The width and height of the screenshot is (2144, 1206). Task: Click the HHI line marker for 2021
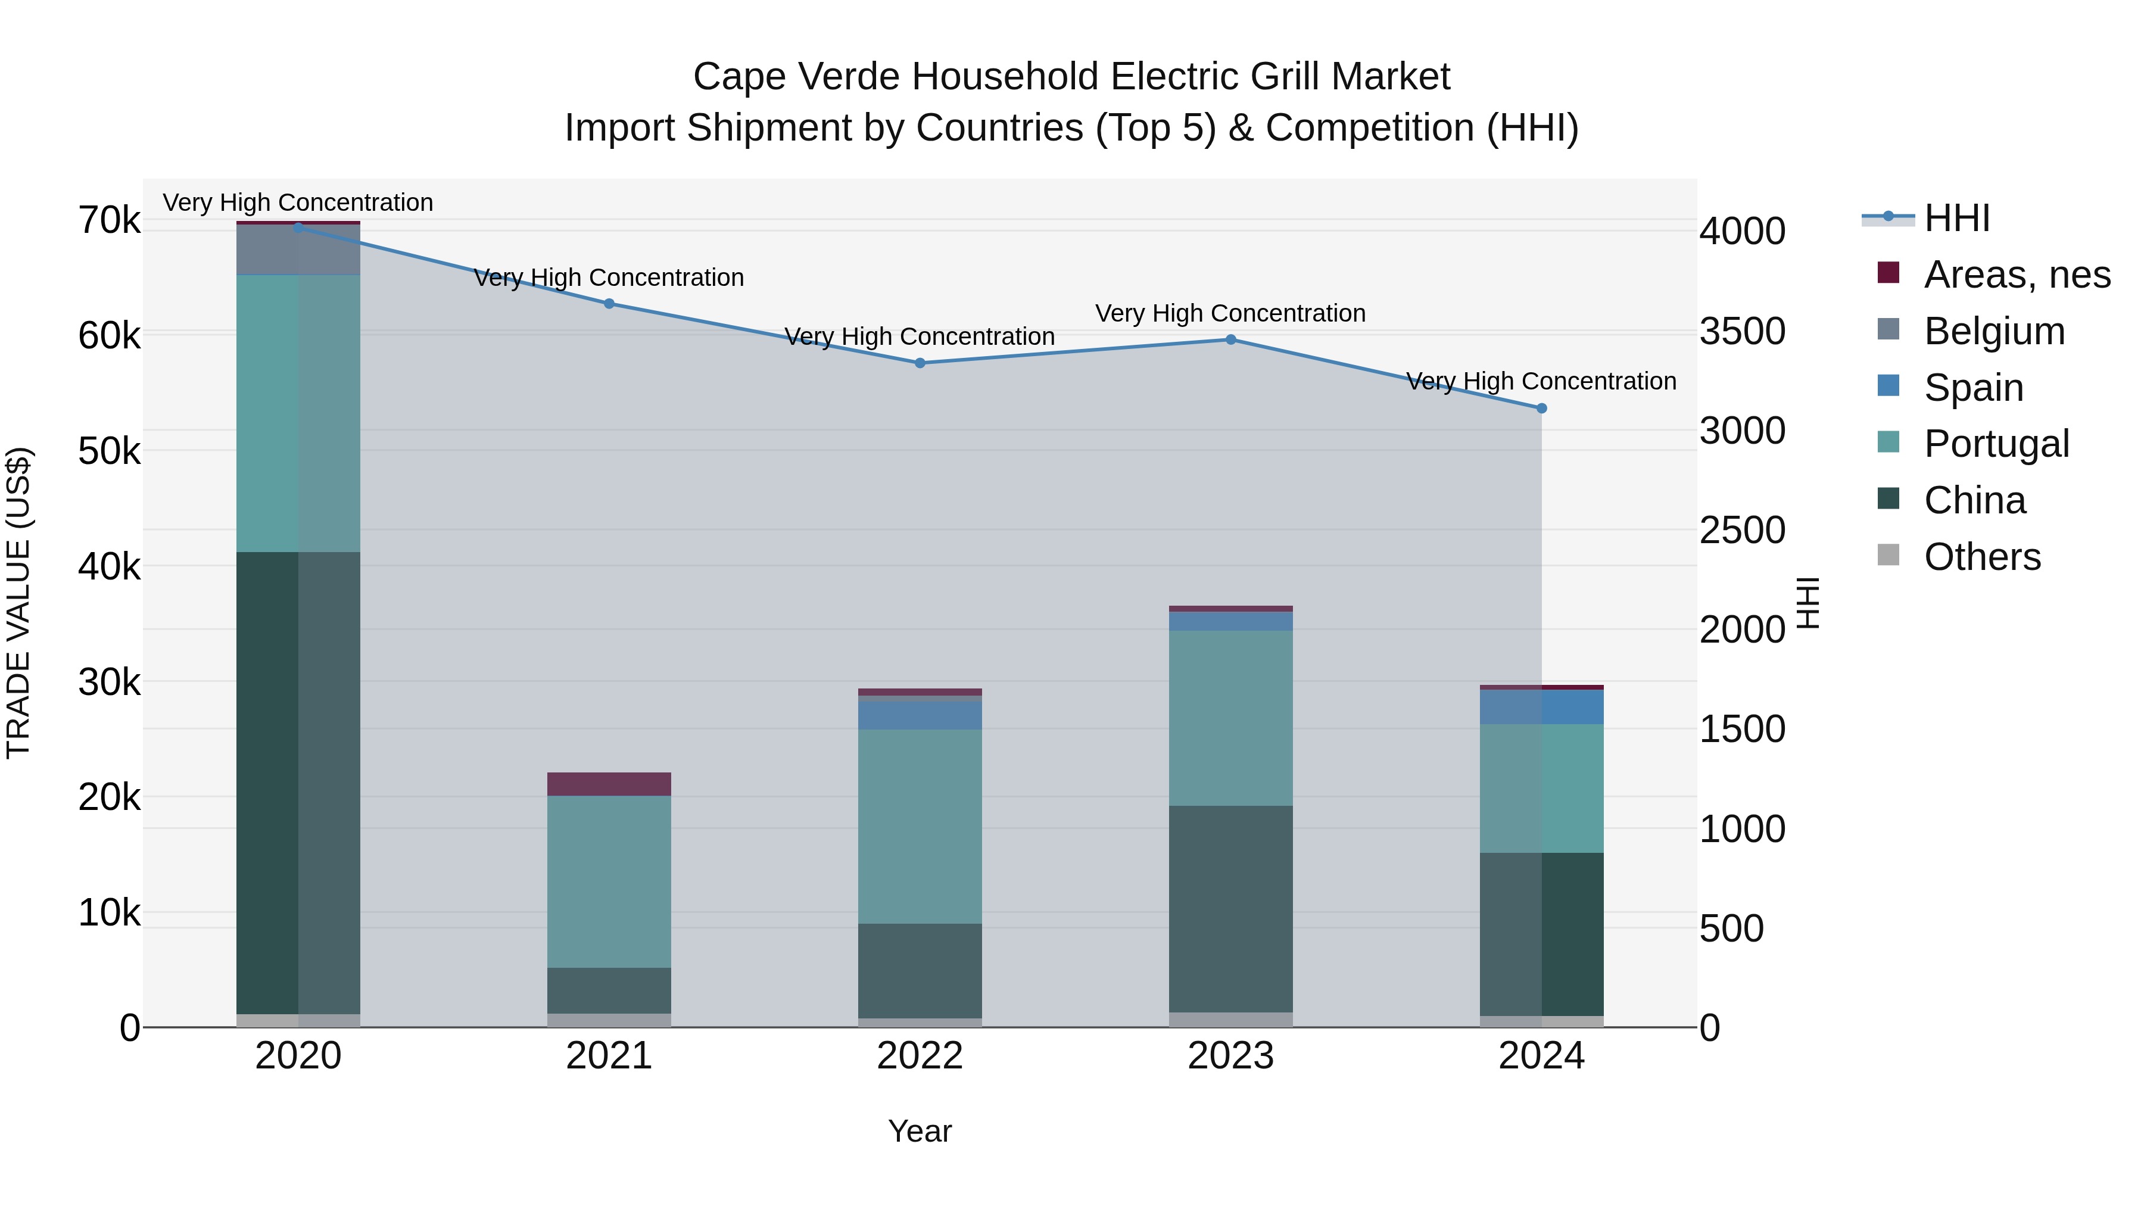[x=609, y=304]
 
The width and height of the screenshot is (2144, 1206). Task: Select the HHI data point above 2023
[x=1231, y=339]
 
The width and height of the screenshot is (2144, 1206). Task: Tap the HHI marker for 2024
[x=1541, y=409]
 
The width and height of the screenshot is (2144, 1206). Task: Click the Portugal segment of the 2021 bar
[x=609, y=881]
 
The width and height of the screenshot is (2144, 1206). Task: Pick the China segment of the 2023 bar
[x=1231, y=908]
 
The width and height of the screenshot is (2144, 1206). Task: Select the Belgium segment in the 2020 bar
[x=298, y=250]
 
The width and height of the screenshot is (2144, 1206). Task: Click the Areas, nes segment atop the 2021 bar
[x=609, y=784]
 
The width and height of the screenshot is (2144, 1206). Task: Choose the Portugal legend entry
[x=1996, y=444]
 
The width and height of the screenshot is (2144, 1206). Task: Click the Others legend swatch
[x=1889, y=555]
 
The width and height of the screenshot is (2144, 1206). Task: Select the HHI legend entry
[x=1956, y=218]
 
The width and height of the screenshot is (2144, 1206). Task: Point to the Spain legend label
[x=1974, y=388]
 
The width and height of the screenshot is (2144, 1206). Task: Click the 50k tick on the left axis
[x=109, y=452]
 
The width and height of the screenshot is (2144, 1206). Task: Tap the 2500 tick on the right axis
[x=1742, y=530]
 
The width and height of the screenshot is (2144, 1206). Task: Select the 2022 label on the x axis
[x=920, y=1056]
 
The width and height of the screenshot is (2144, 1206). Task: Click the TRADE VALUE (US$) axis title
[x=18, y=603]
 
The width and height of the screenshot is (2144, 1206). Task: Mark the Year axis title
[x=920, y=1131]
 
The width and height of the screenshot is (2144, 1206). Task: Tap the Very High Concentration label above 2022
[x=920, y=336]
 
